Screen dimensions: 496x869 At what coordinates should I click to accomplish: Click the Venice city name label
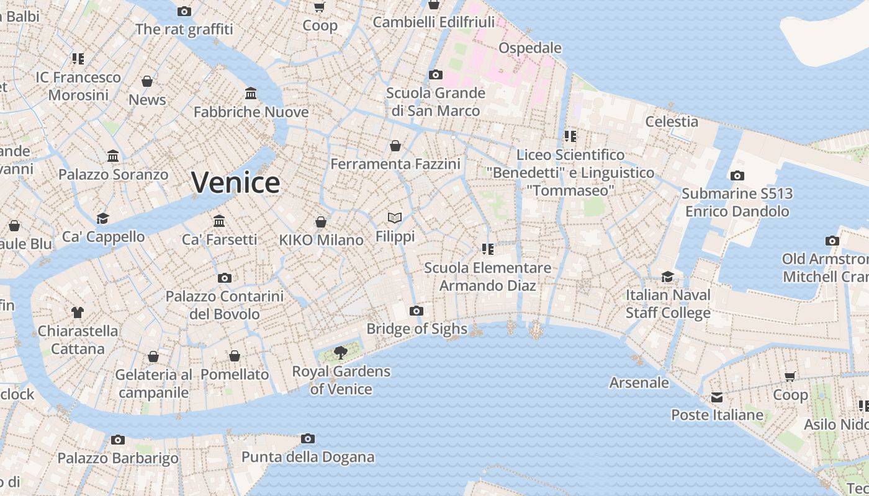click(x=235, y=182)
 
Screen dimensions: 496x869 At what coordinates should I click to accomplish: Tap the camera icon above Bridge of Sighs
click(x=416, y=311)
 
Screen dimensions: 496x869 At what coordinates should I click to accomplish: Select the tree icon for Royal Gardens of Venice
click(x=340, y=353)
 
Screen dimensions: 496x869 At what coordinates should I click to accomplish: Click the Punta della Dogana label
click(x=308, y=458)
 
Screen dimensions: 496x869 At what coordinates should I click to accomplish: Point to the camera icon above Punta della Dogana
click(x=307, y=439)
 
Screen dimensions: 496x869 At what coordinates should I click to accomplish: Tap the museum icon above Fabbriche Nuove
click(x=251, y=94)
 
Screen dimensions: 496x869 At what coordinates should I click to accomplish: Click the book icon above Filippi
click(x=395, y=218)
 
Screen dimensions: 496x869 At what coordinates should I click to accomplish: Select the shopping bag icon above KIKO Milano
click(x=321, y=222)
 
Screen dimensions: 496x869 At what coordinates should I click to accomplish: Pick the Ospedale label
click(x=530, y=48)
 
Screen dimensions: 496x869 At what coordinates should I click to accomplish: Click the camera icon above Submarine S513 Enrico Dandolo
click(x=737, y=175)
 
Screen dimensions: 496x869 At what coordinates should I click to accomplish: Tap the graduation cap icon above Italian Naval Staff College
click(x=667, y=277)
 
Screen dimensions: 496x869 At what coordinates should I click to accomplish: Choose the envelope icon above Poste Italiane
click(x=717, y=397)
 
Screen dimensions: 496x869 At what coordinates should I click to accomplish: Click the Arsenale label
click(x=639, y=383)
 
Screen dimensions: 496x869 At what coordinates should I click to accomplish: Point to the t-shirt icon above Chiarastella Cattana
click(x=78, y=312)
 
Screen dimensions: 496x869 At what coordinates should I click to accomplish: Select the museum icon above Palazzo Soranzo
click(x=113, y=156)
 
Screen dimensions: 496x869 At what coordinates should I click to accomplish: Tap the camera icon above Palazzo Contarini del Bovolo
click(x=225, y=278)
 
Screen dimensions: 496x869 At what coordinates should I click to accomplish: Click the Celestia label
click(x=672, y=122)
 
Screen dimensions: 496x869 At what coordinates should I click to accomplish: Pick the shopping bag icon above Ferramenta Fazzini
click(x=395, y=146)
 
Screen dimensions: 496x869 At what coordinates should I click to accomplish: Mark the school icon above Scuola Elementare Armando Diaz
click(x=488, y=249)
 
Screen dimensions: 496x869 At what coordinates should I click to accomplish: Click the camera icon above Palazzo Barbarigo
click(x=118, y=440)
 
